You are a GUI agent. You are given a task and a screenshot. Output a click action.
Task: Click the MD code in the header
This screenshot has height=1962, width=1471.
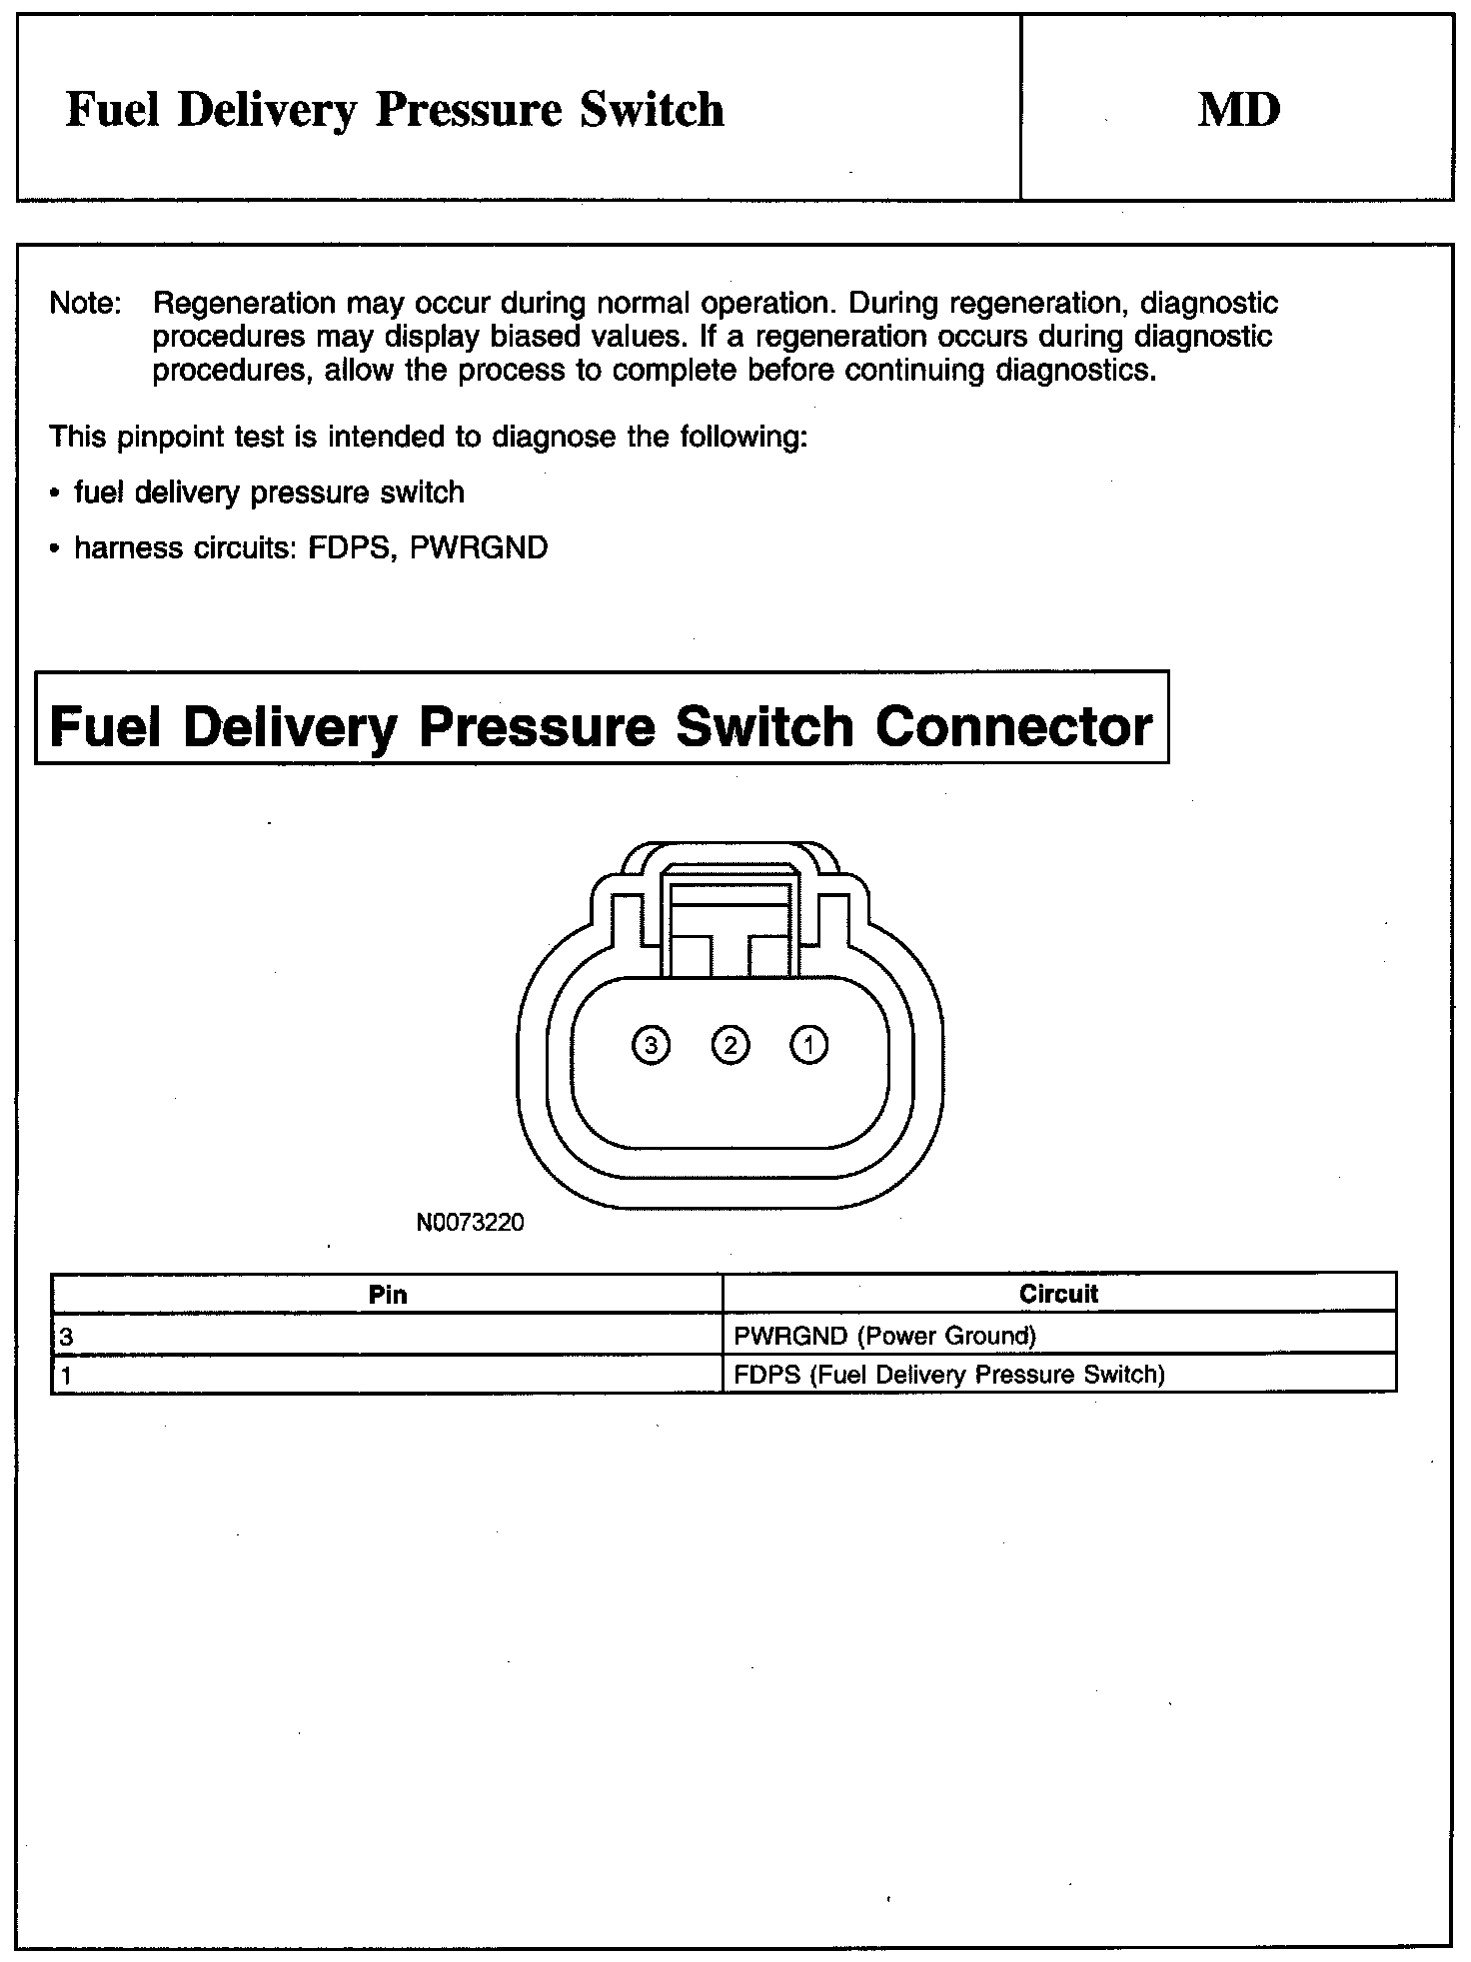[1238, 109]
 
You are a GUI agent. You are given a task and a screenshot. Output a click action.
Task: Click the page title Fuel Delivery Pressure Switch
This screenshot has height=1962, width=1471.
[395, 109]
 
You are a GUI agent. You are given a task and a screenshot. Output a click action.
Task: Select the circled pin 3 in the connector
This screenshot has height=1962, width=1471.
[652, 1045]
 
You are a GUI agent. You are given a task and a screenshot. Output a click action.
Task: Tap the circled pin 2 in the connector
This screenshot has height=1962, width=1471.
[731, 1045]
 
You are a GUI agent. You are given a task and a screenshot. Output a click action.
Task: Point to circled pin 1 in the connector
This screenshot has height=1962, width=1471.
[809, 1045]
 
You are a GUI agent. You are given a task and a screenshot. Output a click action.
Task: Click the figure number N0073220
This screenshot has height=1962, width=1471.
[470, 1222]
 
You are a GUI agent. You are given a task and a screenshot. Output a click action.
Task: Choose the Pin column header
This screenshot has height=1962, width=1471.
[388, 1295]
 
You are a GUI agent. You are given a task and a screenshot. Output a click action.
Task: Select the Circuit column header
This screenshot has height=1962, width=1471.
[1058, 1294]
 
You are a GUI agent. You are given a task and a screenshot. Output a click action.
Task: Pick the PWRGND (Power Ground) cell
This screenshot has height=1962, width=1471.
[884, 1336]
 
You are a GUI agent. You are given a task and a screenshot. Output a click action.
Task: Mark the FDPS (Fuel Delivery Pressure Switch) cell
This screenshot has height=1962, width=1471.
[949, 1375]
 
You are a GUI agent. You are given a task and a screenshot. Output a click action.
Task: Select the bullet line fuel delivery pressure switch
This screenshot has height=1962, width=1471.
[269, 492]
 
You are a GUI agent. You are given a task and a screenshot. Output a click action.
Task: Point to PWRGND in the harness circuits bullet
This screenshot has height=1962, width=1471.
[479, 548]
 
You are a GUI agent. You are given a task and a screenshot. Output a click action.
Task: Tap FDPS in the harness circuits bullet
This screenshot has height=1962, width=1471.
[349, 548]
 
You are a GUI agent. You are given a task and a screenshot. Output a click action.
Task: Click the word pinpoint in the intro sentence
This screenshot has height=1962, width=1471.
[200, 438]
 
